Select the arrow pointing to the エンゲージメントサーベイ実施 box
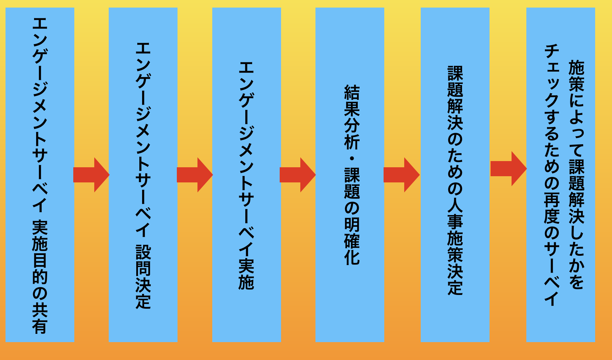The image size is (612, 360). tap(194, 175)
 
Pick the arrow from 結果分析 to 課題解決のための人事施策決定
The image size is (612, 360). tap(401, 175)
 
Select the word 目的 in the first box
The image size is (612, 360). tap(40, 268)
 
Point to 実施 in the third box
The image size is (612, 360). tap(246, 274)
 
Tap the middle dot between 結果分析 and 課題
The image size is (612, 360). tap(352, 159)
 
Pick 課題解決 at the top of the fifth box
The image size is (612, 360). tap(455, 98)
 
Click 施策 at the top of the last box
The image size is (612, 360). tap(577, 76)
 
